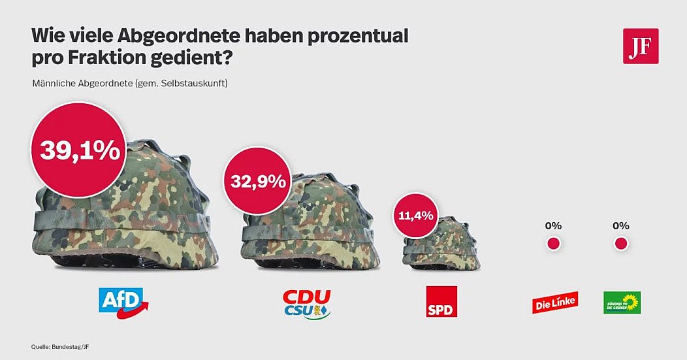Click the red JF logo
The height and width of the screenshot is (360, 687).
641,46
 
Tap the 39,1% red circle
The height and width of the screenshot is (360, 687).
80,150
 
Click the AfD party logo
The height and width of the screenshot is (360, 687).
123,302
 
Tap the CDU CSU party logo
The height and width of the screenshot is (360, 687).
307,303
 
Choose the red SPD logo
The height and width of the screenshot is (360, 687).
441,301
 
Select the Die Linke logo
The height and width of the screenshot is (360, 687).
555,303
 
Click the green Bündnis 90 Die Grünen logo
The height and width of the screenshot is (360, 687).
622,303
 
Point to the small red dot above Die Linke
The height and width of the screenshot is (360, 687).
553,244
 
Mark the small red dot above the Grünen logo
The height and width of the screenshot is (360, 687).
621,244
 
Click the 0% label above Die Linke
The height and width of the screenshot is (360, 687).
553,226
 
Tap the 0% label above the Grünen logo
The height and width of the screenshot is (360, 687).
621,226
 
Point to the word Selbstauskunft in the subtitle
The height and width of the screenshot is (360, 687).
195,84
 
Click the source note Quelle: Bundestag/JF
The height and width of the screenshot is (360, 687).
59,346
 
